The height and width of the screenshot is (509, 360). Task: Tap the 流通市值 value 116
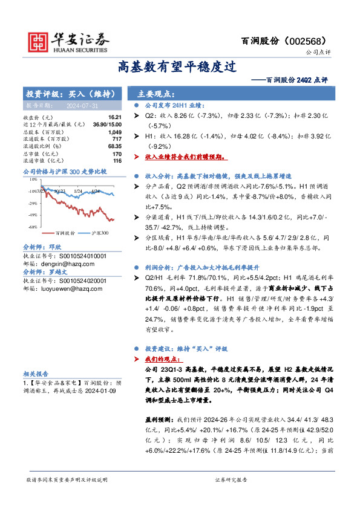(117, 160)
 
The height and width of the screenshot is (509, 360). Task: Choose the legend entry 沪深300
(100, 232)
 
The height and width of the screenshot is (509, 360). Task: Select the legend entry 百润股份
(65, 232)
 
